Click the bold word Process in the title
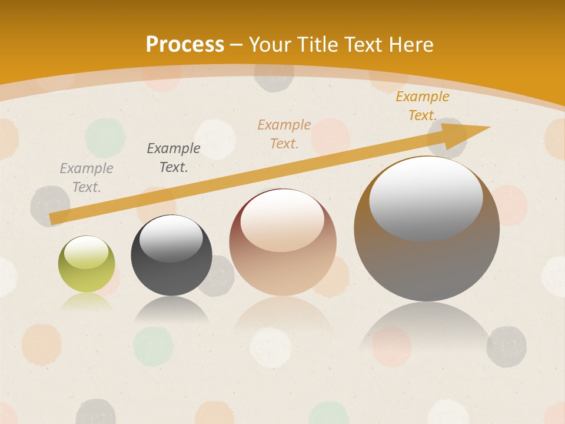click(185, 45)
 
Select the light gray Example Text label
click(87, 178)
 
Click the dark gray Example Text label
click(174, 158)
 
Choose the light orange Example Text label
click(284, 134)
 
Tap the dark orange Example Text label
click(423, 106)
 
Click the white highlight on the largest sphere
click(426, 197)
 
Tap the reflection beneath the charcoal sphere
click(171, 310)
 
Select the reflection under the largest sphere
click(427, 324)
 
